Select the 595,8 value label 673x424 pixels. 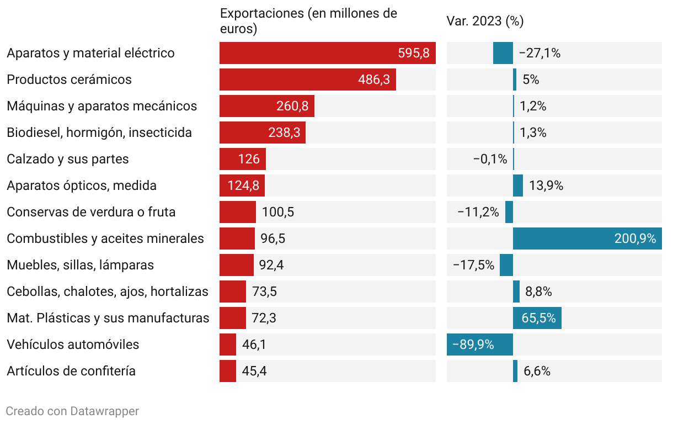(x=413, y=53)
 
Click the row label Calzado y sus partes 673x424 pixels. (x=68, y=159)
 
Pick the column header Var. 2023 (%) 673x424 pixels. (x=485, y=21)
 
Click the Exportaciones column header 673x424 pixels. (x=308, y=21)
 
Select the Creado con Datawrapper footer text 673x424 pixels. (x=72, y=411)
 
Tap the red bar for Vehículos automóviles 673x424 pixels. (x=228, y=344)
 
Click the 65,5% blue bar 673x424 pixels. (x=537, y=318)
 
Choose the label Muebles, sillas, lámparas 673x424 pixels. (x=81, y=265)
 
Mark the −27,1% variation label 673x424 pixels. (x=540, y=53)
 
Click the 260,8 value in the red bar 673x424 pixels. (x=292, y=106)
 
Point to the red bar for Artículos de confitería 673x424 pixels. (x=228, y=371)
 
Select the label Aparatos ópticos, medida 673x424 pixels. (x=82, y=185)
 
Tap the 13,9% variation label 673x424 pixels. (x=546, y=185)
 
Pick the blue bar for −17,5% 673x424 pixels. (x=506, y=265)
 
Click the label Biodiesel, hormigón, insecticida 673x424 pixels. (x=99, y=132)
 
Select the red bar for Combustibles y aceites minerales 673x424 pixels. (x=237, y=239)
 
